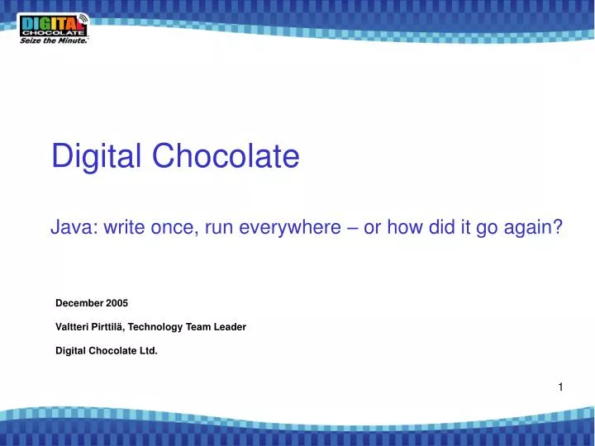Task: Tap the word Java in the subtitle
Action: [73, 228]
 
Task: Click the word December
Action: [79, 303]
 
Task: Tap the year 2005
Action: [117, 303]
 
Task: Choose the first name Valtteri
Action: [74, 327]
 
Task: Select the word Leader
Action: [230, 327]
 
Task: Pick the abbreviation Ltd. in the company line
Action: [148, 350]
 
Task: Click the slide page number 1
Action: [559, 387]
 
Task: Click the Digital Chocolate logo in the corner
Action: [54, 25]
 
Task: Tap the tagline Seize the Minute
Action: [53, 40]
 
